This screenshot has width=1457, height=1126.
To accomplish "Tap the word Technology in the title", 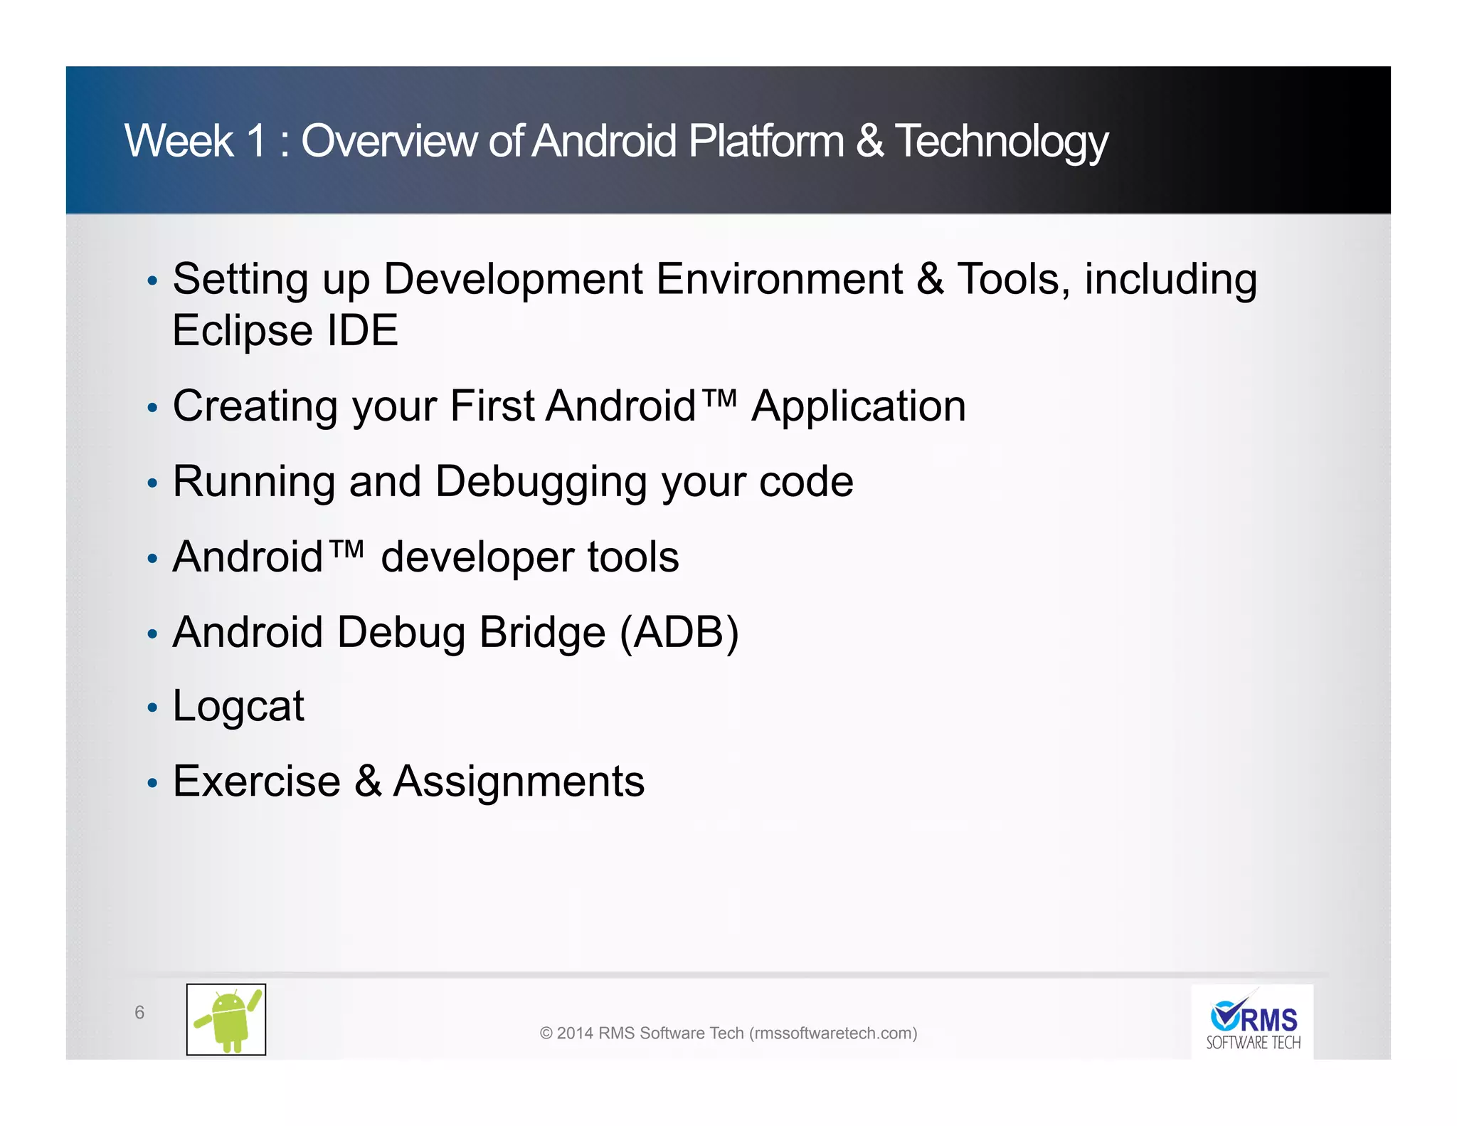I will tap(1001, 142).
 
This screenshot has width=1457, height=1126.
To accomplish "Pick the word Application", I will tap(859, 406).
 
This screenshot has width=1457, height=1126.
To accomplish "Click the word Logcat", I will tap(238, 707).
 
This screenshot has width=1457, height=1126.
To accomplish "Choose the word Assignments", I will tap(519, 782).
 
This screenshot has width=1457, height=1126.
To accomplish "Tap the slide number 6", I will tap(139, 1012).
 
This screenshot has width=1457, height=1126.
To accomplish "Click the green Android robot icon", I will tap(226, 1019).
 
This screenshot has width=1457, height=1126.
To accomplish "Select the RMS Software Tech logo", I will tap(1252, 1022).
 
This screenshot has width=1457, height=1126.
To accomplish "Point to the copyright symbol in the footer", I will tap(546, 1033).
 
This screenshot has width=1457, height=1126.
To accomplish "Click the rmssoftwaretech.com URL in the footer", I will tap(833, 1033).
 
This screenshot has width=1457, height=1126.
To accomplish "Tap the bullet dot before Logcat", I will tap(152, 708).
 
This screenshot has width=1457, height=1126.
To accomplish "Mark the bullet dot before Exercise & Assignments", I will tap(152, 783).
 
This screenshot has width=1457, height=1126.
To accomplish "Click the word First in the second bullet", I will tap(492, 406).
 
